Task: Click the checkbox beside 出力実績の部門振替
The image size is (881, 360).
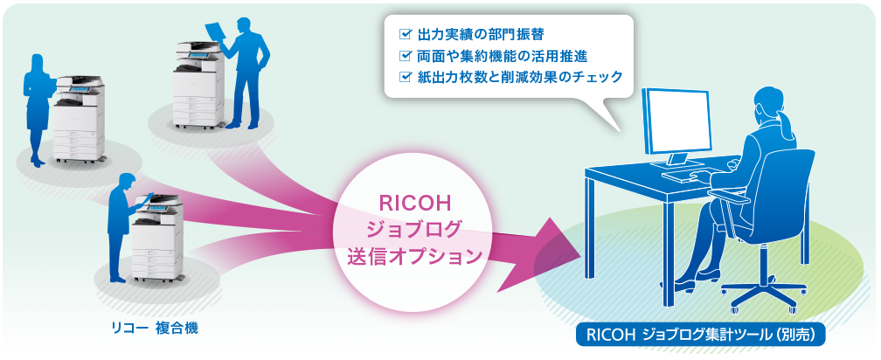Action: pos(405,34)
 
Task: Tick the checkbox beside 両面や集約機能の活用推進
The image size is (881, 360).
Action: pos(405,56)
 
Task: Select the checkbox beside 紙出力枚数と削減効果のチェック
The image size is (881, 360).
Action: pos(405,77)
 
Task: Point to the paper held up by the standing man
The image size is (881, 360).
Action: pos(217,35)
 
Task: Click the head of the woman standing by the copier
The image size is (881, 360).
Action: pos(38,62)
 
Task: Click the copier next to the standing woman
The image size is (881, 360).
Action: pos(80,120)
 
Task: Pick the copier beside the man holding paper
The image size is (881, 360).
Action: pos(199,84)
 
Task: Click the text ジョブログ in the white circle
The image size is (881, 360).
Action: pos(413,229)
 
